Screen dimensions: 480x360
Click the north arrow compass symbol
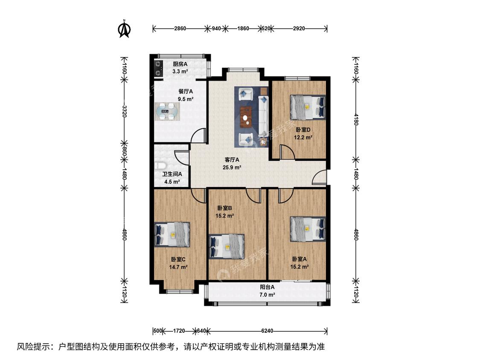(x=125, y=29)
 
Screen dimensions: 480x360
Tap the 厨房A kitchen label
(x=180, y=64)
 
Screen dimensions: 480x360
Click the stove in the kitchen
(x=158, y=69)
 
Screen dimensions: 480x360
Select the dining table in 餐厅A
(x=167, y=112)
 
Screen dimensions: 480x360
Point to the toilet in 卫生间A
(x=160, y=166)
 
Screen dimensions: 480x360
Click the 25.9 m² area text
(x=232, y=168)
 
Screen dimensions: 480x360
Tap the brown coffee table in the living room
(x=246, y=116)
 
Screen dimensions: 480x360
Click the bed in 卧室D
(x=308, y=107)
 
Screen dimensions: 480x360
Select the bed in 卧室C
(x=172, y=235)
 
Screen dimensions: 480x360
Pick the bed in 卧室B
(x=227, y=247)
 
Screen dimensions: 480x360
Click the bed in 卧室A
(x=308, y=229)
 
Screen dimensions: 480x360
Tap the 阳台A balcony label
(x=267, y=287)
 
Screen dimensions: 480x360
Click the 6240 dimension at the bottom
(x=267, y=331)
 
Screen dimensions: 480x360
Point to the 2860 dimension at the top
(x=180, y=29)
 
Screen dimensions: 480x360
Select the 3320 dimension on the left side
(x=124, y=111)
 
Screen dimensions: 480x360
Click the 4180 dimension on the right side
(x=356, y=119)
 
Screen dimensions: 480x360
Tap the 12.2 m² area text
(x=303, y=137)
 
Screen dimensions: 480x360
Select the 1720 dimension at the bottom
(x=179, y=331)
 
